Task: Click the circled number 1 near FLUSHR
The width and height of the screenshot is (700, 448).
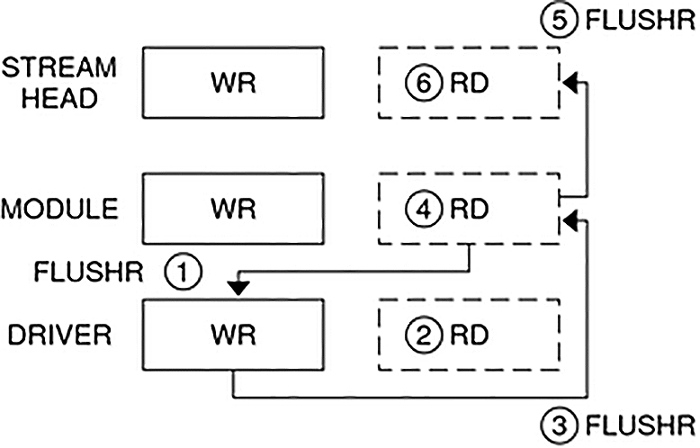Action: point(184,271)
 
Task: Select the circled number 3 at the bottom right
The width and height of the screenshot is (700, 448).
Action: point(559,422)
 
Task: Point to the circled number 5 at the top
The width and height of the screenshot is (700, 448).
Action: point(559,21)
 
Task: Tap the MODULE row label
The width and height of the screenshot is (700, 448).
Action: point(59,209)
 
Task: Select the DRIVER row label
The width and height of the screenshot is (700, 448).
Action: point(59,336)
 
